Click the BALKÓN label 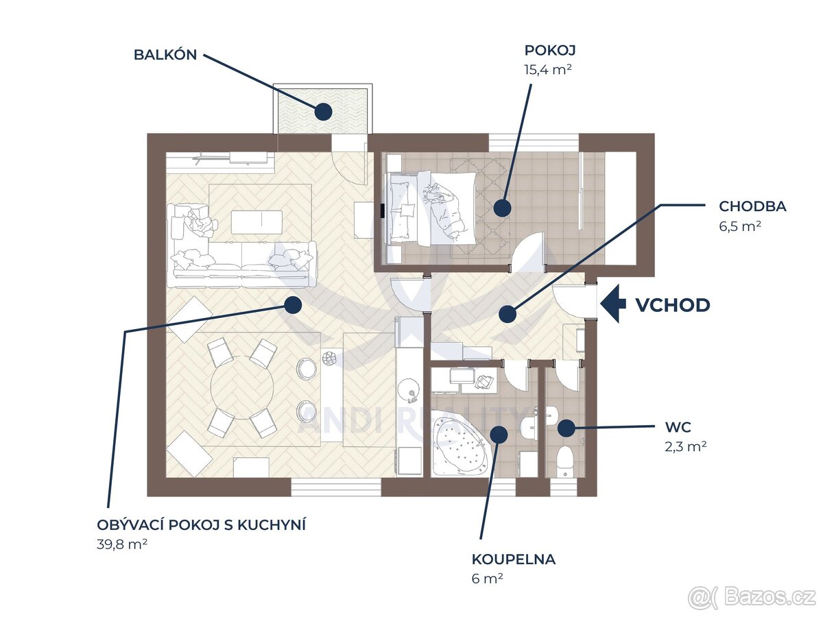pos(165,56)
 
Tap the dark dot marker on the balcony pos(324,110)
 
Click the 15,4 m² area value pos(548,69)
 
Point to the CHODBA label pos(752,206)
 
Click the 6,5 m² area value pos(740,226)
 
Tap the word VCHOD pos(673,305)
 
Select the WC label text pos(678,427)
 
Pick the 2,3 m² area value pos(686,446)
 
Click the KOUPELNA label pos(514,559)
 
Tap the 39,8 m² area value pos(123,544)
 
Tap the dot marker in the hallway pos(508,314)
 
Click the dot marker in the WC pos(565,428)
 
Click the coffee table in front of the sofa pos(257,221)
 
